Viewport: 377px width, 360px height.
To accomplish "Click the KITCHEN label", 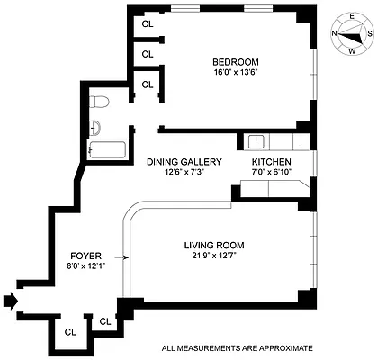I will point(271,162).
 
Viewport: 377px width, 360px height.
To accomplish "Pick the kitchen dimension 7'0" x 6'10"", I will point(271,173).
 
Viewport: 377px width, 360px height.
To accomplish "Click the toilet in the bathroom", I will point(101,100).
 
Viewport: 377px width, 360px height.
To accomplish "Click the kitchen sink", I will point(255,140).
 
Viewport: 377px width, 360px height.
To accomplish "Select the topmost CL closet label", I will point(148,25).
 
